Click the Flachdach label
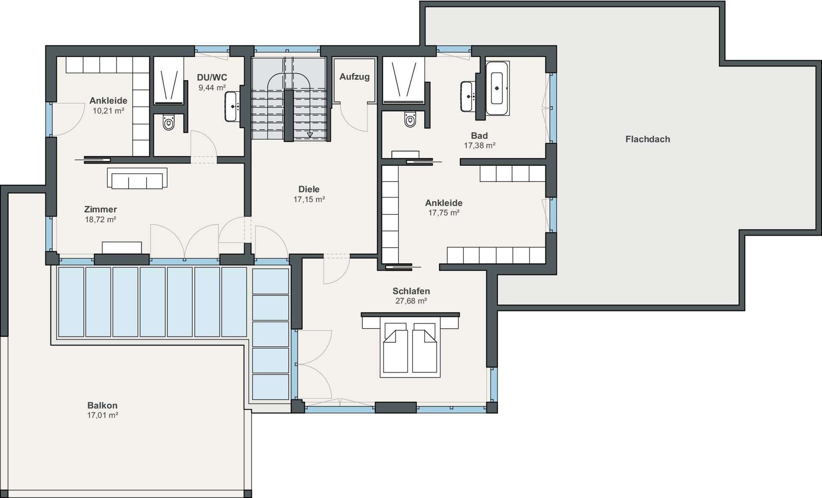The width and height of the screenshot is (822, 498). tap(648, 139)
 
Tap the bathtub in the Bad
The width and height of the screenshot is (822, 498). tap(497, 88)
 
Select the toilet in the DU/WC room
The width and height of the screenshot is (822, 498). tap(168, 122)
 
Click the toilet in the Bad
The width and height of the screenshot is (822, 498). tap(410, 119)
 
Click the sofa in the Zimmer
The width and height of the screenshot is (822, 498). tap(137, 178)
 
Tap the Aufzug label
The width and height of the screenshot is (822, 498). tap(355, 76)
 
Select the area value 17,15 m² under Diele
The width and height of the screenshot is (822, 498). tap(309, 199)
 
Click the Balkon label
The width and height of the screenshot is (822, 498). tap(102, 405)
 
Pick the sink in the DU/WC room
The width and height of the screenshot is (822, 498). tap(232, 107)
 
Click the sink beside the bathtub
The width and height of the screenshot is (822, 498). tap(467, 96)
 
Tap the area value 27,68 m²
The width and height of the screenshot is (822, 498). tap(411, 301)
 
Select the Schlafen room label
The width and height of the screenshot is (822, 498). tap(411, 291)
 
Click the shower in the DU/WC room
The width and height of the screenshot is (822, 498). tap(169, 81)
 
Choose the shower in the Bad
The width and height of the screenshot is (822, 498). tap(404, 81)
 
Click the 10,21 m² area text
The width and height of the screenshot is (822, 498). tap(108, 111)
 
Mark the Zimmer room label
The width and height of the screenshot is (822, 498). tap(100, 209)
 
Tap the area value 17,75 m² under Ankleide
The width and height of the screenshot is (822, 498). tap(444, 213)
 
